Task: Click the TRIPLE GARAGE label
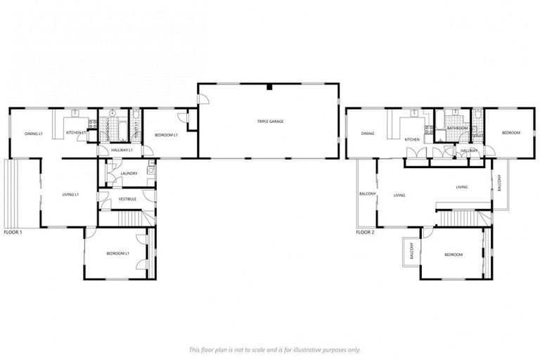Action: [x=270, y=122]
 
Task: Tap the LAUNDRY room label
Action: [x=129, y=173]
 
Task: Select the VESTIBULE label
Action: [x=127, y=199]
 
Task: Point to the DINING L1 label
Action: [x=34, y=134]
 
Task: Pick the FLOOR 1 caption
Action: [x=13, y=232]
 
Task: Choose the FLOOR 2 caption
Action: [x=365, y=232]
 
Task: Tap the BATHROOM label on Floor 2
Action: [x=458, y=129]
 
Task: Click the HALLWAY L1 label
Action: [x=122, y=150]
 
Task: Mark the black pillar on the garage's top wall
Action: [x=269, y=86]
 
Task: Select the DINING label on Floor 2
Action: [x=367, y=134]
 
